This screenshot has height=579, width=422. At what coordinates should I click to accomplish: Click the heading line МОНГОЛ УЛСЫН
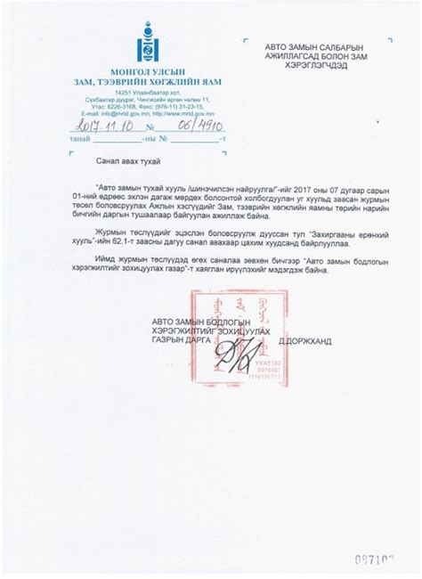pos(148,70)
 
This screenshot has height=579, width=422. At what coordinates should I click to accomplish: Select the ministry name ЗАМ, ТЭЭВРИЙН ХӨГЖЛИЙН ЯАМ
pos(148,81)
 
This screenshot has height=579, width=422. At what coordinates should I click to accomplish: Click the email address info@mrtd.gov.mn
pos(116,113)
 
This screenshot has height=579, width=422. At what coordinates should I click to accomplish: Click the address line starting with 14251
pos(148,92)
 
